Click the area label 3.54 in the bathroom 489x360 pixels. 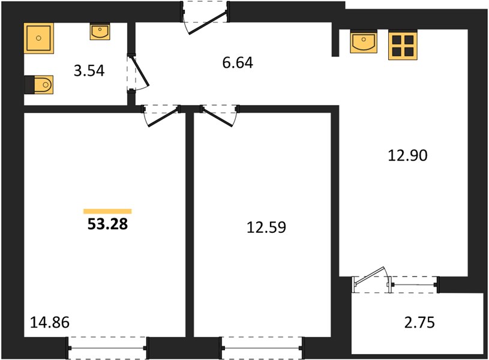(x=89, y=71)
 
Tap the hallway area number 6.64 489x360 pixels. (x=238, y=62)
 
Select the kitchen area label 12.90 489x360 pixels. (x=407, y=155)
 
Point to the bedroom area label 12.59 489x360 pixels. (x=266, y=227)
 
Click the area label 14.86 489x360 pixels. (x=50, y=322)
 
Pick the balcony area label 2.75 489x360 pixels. (x=419, y=323)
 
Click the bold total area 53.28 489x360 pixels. (x=107, y=224)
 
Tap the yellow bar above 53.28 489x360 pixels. (x=107, y=212)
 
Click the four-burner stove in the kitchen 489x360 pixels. (x=403, y=45)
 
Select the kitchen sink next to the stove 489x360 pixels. (x=364, y=41)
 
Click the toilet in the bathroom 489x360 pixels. (x=39, y=85)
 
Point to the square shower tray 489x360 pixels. (x=38, y=38)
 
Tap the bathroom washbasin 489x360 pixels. (x=100, y=31)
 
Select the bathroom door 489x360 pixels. (x=138, y=73)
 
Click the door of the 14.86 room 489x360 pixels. (x=161, y=116)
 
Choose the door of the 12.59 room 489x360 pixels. (x=220, y=116)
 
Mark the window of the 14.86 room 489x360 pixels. (x=107, y=348)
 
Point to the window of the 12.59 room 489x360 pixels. (x=262, y=348)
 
